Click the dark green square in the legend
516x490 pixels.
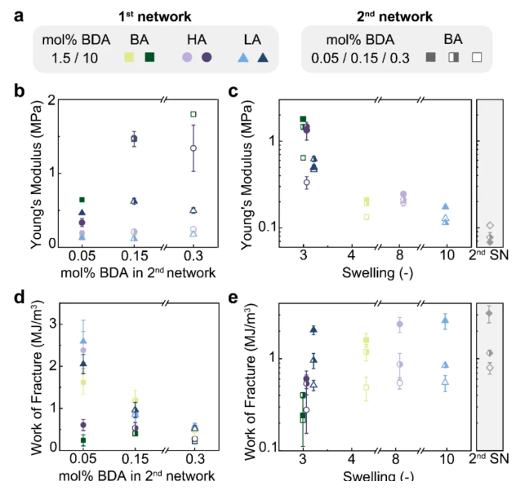[149, 56]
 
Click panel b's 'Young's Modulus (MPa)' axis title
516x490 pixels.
[29, 172]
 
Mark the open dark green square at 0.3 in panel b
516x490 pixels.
[193, 113]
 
